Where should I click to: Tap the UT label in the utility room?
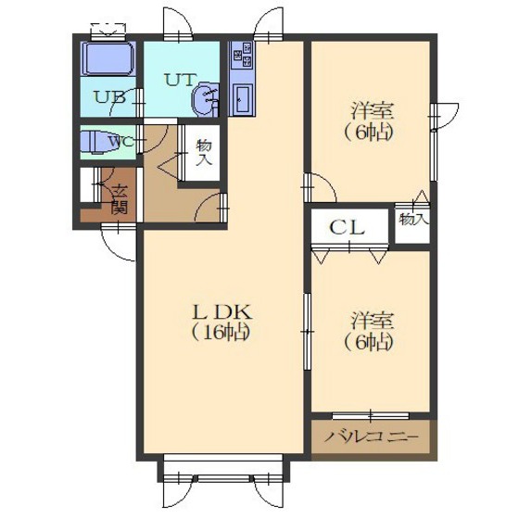click(x=180, y=80)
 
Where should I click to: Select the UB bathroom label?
click(x=110, y=97)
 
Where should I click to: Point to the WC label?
click(x=121, y=143)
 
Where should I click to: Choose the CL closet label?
click(x=348, y=228)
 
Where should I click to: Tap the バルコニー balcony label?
click(x=372, y=437)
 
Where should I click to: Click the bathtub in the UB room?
click(x=108, y=59)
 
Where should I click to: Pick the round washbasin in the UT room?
click(x=205, y=99)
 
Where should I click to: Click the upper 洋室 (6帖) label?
click(x=370, y=121)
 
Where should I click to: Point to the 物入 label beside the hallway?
click(x=204, y=153)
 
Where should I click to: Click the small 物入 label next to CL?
click(x=413, y=219)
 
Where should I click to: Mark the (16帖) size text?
click(x=221, y=332)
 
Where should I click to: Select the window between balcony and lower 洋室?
click(x=371, y=414)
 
